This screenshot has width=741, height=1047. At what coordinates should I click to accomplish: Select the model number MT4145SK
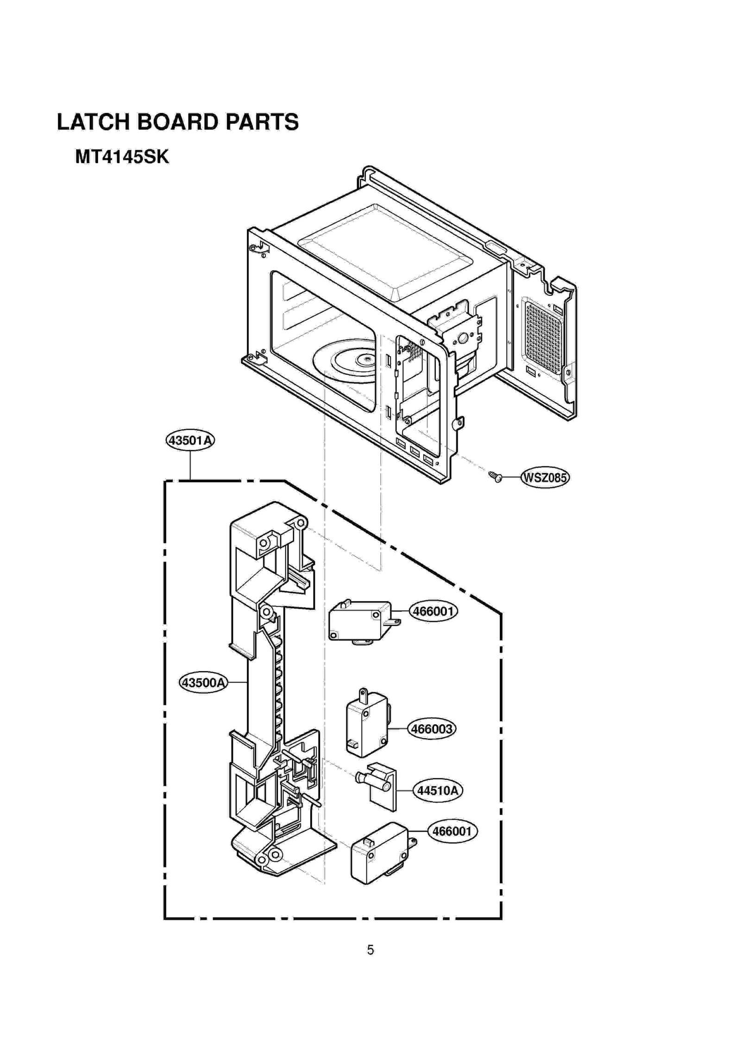[122, 157]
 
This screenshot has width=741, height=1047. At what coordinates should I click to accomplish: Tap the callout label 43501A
[190, 440]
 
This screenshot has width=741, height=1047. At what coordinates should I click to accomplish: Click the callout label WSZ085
[545, 477]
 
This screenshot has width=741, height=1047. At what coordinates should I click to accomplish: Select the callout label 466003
[431, 729]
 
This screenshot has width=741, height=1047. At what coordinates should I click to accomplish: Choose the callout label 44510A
[437, 790]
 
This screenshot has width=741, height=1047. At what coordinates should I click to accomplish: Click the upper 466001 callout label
[433, 611]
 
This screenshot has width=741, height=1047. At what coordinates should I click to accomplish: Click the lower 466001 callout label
[452, 831]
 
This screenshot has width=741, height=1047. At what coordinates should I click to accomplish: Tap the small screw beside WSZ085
[495, 476]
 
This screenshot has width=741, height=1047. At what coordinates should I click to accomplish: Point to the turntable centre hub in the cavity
[366, 358]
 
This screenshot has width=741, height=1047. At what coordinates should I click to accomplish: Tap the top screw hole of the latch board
[300, 524]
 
